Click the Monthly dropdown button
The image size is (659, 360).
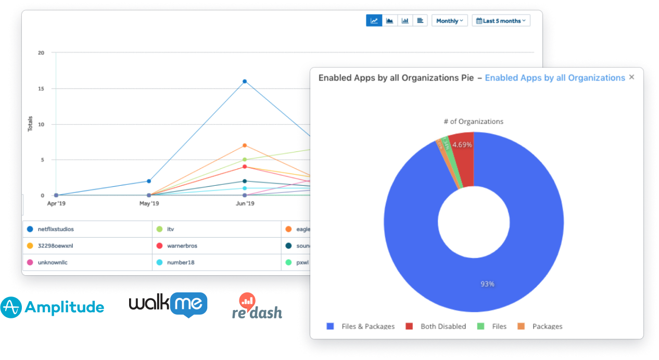tap(449, 21)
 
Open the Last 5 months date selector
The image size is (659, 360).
tap(501, 21)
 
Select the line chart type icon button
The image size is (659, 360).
tap(374, 21)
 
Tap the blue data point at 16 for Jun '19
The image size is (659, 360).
tap(245, 81)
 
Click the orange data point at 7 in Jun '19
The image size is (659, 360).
tap(245, 145)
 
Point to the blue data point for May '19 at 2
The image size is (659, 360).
tap(149, 181)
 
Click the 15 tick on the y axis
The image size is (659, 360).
tap(41, 89)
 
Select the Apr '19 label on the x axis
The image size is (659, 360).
tap(56, 203)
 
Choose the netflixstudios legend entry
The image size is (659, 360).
tap(56, 229)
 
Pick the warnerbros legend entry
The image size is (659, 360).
tap(182, 246)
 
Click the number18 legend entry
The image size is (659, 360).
tap(181, 262)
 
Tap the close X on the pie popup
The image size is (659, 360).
tap(632, 77)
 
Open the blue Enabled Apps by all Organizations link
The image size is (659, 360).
tap(555, 78)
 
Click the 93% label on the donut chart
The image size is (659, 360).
tap(487, 284)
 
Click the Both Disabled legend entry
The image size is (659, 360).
tap(443, 326)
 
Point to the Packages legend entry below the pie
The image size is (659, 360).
tap(547, 326)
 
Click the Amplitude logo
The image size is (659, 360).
tap(52, 307)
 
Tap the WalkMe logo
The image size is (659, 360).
tap(168, 304)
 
